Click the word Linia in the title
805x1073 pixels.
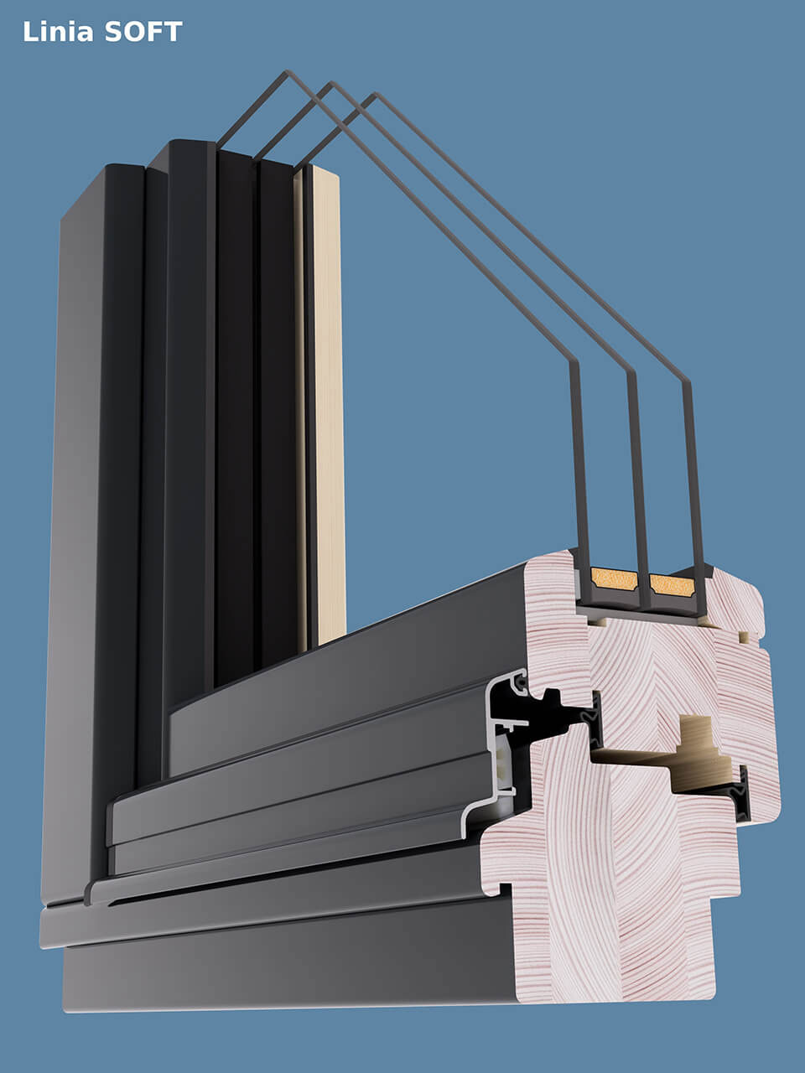[x=58, y=32]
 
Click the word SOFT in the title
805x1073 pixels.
[x=143, y=32]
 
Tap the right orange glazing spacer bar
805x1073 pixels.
[x=672, y=586]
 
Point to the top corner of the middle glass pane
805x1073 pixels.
[x=331, y=83]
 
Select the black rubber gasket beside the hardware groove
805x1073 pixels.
[x=742, y=794]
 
